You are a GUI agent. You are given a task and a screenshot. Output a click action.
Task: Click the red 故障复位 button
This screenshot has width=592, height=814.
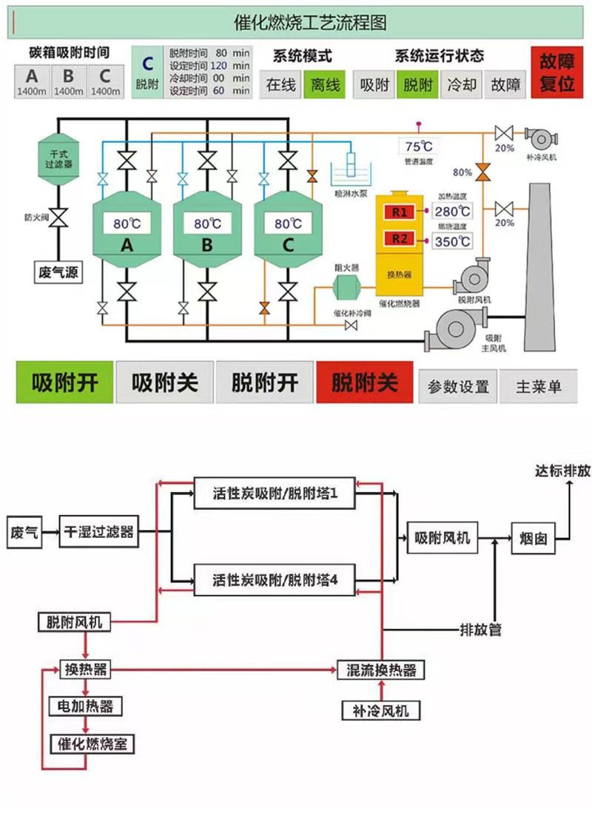(x=556, y=73)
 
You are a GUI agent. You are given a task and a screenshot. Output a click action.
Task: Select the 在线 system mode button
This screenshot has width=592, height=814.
(x=280, y=85)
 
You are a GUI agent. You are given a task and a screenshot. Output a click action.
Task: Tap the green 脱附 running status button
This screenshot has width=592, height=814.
(x=417, y=85)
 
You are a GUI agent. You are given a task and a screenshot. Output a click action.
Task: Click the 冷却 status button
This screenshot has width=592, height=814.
(x=461, y=85)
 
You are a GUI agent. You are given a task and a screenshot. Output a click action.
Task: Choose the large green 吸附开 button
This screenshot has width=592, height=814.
(x=65, y=383)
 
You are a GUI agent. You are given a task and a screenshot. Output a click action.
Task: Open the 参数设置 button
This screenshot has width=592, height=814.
(x=458, y=386)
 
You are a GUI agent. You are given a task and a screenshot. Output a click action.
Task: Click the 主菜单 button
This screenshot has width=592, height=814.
(x=539, y=386)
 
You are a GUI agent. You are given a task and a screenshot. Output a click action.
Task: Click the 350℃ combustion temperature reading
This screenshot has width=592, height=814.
(x=453, y=240)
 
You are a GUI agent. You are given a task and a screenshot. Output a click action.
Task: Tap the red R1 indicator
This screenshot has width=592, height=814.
(x=400, y=212)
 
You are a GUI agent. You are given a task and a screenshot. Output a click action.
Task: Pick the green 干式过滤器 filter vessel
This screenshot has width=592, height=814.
(x=58, y=157)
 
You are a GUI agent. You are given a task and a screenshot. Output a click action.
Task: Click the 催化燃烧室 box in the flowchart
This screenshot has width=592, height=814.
(x=92, y=744)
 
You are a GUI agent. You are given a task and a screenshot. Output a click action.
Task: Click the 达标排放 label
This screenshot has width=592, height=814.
(x=562, y=471)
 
